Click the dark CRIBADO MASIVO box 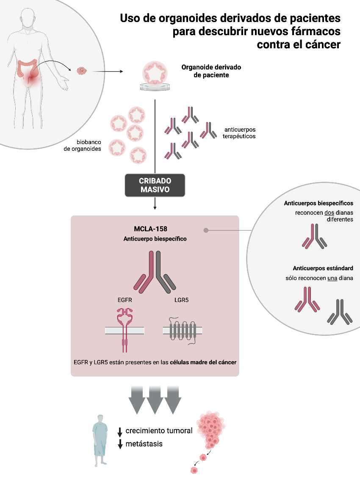click(x=155, y=185)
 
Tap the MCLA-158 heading click(x=155, y=229)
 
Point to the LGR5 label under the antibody click(x=181, y=300)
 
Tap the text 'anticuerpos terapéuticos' click(x=240, y=133)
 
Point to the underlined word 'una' click(x=332, y=278)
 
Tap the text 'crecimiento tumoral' click(x=159, y=431)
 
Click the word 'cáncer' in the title click(x=322, y=44)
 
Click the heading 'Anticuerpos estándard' click(x=323, y=269)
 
